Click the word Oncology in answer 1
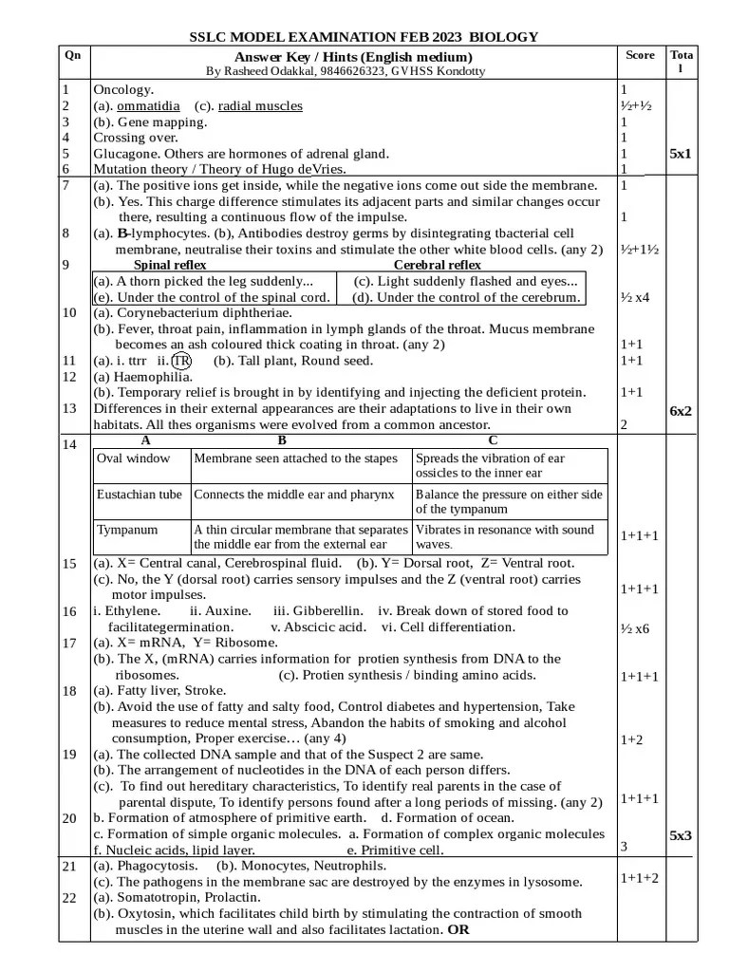coord(122,89)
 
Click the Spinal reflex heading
coord(171,265)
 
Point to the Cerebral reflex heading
coord(437,265)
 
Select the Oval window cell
coord(134,458)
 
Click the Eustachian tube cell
coord(140,495)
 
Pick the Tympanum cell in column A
coord(127,530)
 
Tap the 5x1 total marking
coord(681,153)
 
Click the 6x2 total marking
coord(681,410)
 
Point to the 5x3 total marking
coord(681,835)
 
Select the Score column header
coord(640,55)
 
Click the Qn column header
coord(72,55)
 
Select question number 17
coord(68,643)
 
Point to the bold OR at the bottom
coord(458,929)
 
